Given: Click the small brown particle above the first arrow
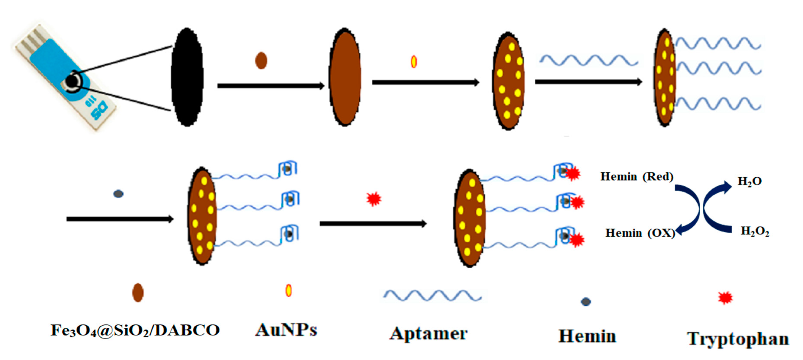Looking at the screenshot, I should (261, 60).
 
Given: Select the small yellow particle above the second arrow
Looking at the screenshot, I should (414, 61).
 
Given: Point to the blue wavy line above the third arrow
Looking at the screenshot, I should (588, 60).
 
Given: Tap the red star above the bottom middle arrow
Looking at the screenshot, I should (374, 199).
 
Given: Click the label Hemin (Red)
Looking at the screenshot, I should (637, 177).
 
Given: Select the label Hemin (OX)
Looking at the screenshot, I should (640, 233).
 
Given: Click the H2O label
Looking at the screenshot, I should (749, 181).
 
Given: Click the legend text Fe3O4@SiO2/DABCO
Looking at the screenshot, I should (135, 330).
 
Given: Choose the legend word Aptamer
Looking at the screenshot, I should (429, 334).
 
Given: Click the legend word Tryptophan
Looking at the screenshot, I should (738, 339).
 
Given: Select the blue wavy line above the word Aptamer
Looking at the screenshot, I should (432, 295).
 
